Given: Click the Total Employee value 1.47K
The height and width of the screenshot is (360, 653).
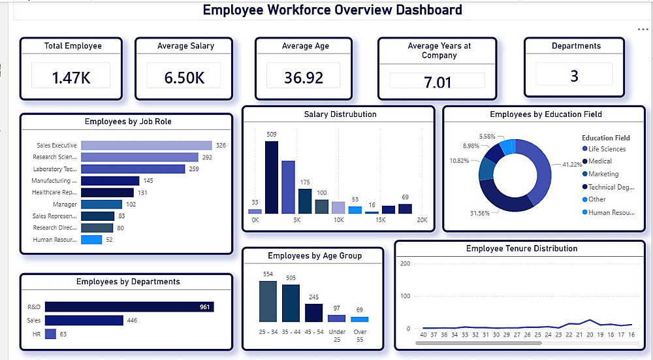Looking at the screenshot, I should click(x=71, y=78).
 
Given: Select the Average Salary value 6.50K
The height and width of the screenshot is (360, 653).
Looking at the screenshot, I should click(x=185, y=78).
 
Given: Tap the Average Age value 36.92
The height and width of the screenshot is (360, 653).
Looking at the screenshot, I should click(x=304, y=78).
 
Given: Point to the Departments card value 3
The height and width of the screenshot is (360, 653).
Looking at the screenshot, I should click(x=574, y=76).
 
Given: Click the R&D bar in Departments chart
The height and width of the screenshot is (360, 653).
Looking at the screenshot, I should click(x=129, y=307).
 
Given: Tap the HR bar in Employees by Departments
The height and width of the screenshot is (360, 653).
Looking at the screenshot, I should click(x=50, y=334).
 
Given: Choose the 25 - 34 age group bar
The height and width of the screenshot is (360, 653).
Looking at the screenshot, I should click(x=268, y=301).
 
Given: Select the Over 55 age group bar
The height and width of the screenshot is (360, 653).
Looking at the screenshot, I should click(x=359, y=319).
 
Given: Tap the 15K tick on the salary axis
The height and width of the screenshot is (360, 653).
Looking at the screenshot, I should click(x=381, y=221).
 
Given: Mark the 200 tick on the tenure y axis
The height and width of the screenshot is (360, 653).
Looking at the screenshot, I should click(x=404, y=263).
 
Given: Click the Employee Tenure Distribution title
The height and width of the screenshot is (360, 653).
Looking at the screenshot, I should click(x=521, y=248).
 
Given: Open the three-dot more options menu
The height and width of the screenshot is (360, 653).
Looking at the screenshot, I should click(x=643, y=29).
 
